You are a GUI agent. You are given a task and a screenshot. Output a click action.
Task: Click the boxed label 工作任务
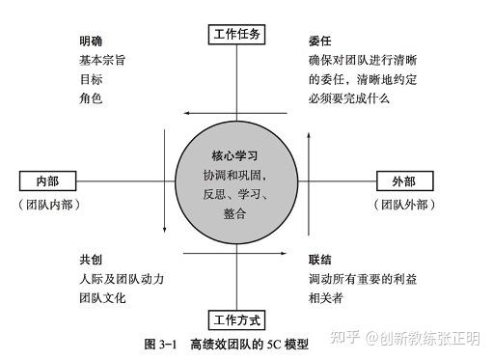click(236, 35)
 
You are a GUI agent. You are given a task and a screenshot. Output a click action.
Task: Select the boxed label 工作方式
click(236, 319)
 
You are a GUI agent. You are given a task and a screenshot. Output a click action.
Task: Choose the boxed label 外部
click(404, 181)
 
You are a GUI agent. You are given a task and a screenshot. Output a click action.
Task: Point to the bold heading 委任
click(320, 42)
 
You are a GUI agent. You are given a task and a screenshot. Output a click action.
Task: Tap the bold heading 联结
click(320, 260)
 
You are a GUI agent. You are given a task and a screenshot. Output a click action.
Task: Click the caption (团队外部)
click(404, 204)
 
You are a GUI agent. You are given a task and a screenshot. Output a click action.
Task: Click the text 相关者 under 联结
click(326, 297)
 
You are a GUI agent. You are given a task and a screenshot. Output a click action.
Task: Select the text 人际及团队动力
click(122, 279)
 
